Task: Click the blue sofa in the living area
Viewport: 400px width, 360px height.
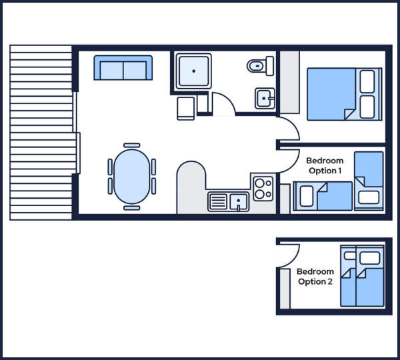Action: pos(123,67)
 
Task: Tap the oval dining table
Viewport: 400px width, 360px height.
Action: pos(131,177)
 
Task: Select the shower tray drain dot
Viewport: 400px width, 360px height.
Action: pos(194,71)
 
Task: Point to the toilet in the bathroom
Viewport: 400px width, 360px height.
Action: pos(260,66)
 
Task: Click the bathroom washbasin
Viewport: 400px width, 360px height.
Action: pos(265,98)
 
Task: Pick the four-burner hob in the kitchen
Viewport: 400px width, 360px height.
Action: pos(263,189)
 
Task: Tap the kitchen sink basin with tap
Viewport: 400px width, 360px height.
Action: pos(239,201)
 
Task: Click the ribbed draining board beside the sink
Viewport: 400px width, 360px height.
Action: pos(218,201)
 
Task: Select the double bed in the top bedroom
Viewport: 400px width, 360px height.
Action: pos(345,94)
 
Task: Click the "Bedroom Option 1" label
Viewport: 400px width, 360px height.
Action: pos(325,165)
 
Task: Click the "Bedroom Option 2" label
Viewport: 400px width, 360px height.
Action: pos(315,276)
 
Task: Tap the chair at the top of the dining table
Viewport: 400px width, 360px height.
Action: pos(131,145)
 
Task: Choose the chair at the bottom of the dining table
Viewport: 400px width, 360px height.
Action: pos(131,208)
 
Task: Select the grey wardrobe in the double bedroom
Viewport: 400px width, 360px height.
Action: pos(289,82)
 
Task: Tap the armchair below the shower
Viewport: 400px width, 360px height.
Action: pos(186,109)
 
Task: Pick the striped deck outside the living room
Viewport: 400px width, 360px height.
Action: pos(41,133)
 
